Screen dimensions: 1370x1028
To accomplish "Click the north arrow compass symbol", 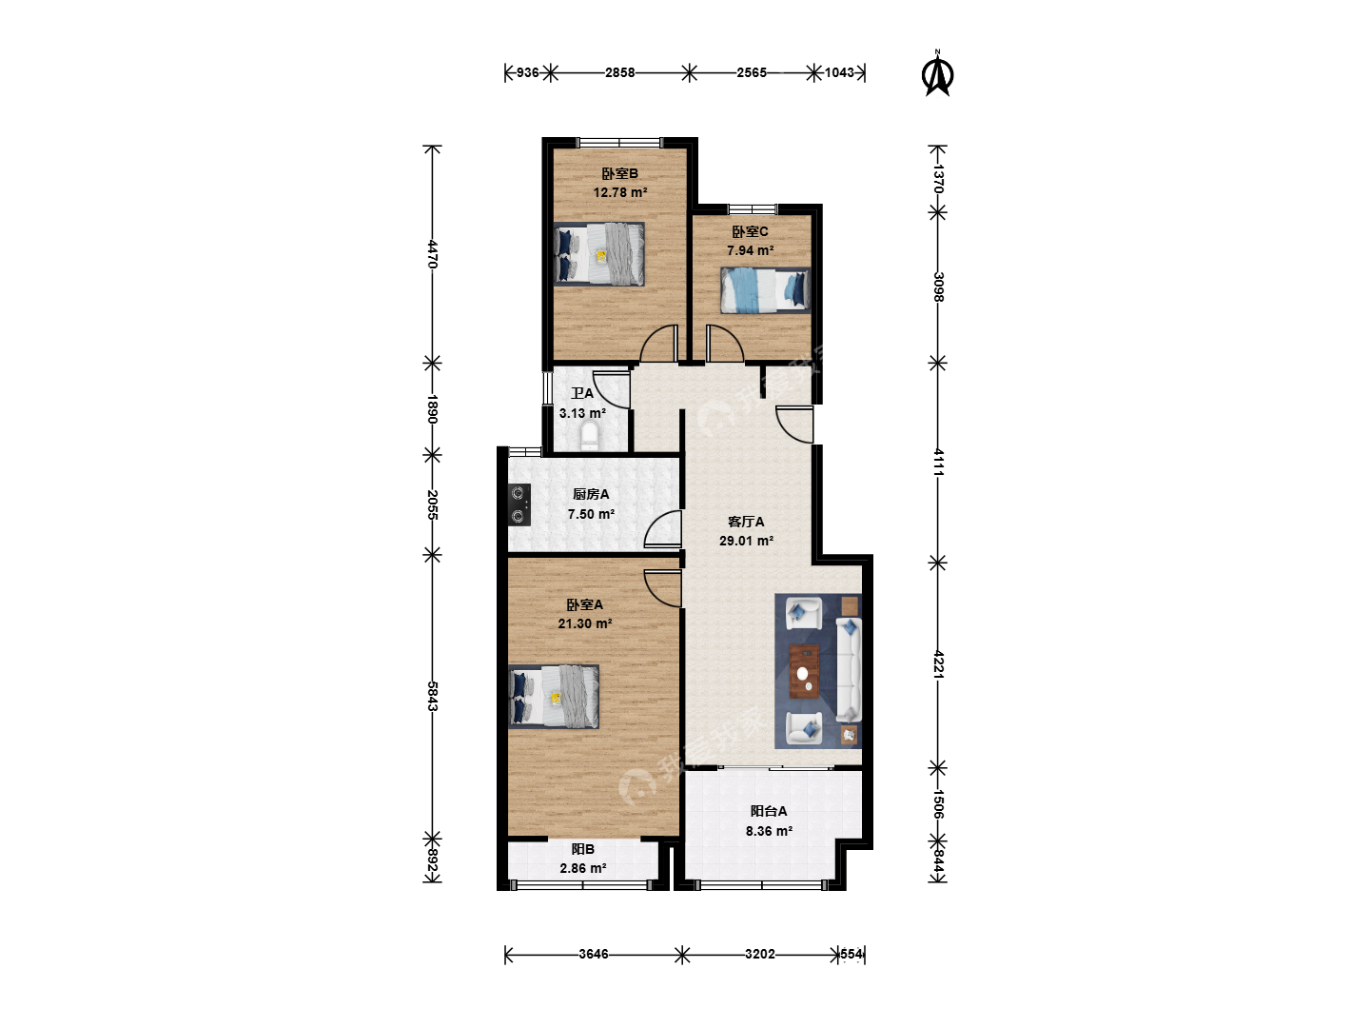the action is point(937,75).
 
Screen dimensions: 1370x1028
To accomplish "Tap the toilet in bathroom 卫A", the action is point(589,436).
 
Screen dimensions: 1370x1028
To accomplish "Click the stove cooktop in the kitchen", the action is point(519,504).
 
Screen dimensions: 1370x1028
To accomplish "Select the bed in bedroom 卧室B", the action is point(598,254).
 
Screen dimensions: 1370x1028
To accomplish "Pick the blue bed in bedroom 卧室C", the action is point(765,290).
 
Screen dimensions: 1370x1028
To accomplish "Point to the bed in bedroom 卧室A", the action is point(554,697).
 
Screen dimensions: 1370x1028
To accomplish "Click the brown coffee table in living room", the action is point(804,671).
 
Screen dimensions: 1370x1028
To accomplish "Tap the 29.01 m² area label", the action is point(746,541).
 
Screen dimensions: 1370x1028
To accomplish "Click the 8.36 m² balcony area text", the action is point(769,831).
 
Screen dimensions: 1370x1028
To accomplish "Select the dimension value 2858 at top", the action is point(619,72).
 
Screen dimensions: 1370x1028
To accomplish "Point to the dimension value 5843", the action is point(433,696).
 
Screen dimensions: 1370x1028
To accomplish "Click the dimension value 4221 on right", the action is point(938,664).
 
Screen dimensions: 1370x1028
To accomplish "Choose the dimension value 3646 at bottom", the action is point(593,954).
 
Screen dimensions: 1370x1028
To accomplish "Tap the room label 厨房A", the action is point(591,494).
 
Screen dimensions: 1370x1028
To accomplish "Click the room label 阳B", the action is point(583,849).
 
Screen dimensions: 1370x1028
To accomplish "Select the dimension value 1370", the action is point(938,179).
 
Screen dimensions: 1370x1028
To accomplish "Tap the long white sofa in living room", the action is point(849,670).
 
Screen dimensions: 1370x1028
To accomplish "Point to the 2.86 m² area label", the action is point(583,868).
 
